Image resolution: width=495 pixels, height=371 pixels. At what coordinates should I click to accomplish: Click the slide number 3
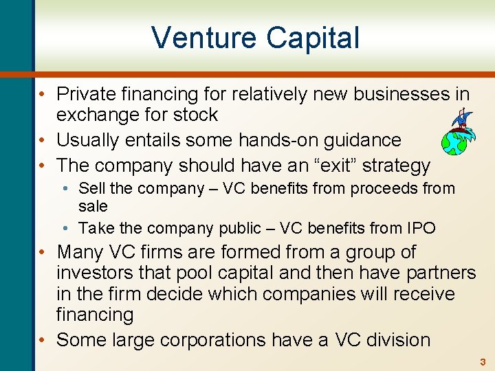482,361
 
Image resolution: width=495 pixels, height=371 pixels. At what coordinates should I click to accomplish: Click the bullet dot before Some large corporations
43,339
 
